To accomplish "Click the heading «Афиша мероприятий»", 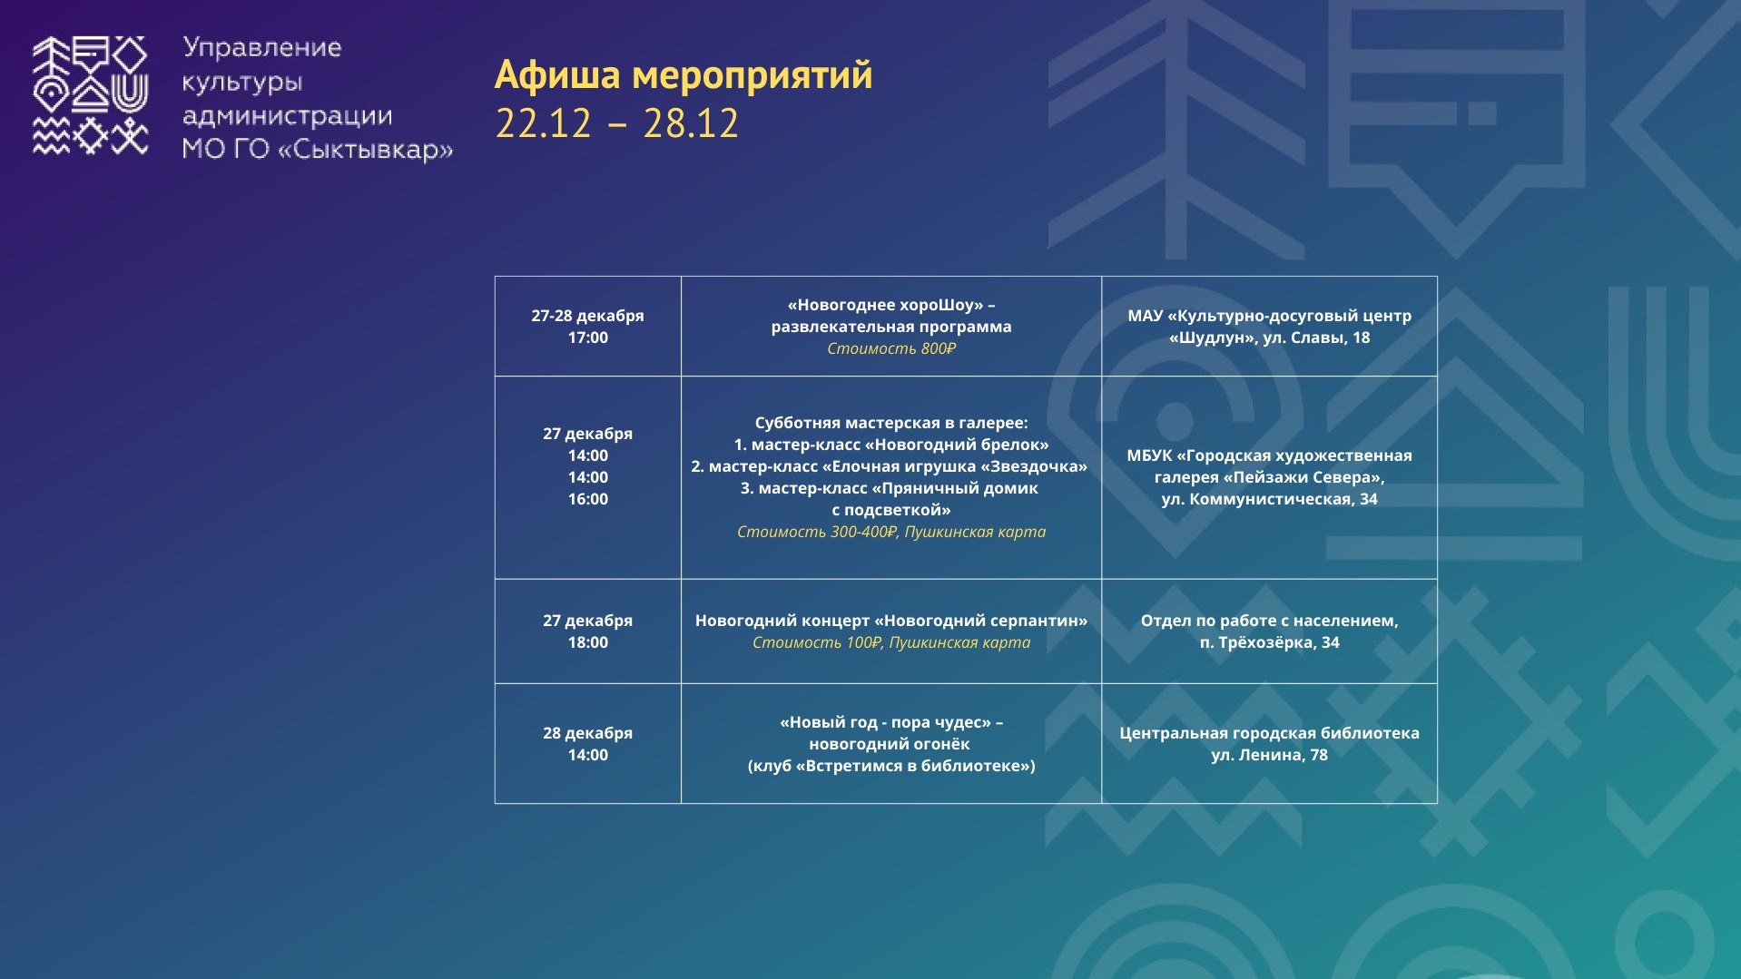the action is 684,75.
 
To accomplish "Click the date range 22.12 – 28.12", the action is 617,123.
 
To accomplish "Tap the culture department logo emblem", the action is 91,96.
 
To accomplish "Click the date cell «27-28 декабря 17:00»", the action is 587,327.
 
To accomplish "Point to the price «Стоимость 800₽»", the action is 891,348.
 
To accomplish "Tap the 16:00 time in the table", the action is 587,499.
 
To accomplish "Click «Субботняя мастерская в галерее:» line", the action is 891,423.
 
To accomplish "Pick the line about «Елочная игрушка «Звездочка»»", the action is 898,466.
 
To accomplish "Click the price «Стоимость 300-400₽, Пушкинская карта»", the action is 891,532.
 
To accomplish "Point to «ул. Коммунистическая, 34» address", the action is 1269,499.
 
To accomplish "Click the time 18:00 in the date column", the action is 587,642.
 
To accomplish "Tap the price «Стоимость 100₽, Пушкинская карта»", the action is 891,642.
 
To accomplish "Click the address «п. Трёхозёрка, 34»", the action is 1269,642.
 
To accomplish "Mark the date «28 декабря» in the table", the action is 587,733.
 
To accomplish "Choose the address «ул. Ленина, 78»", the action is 1269,755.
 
